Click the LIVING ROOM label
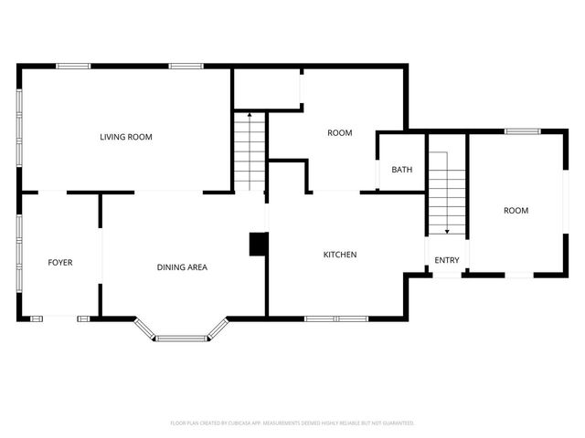(x=126, y=137)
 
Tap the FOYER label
(x=60, y=263)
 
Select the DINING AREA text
(x=182, y=267)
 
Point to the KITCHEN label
(x=340, y=255)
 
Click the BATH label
(x=401, y=170)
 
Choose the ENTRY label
(x=447, y=261)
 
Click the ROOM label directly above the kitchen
(x=340, y=133)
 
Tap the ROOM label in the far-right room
(x=516, y=211)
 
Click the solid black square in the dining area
(x=259, y=244)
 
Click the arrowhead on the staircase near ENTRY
(x=448, y=232)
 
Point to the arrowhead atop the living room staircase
(x=250, y=116)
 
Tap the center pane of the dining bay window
(x=181, y=339)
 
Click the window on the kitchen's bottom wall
(x=335, y=318)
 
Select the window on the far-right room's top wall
(x=523, y=131)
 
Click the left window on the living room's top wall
(x=73, y=66)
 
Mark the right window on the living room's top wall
(x=186, y=66)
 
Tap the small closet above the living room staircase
(x=267, y=89)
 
